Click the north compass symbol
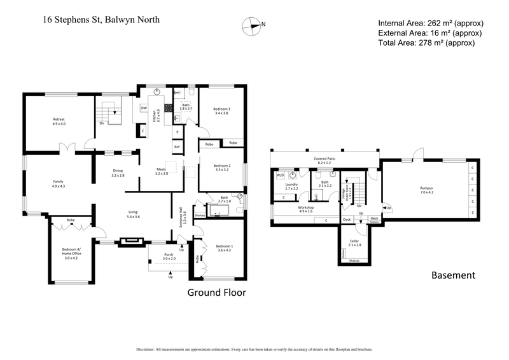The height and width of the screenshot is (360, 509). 253,26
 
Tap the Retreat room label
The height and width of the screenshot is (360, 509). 59,121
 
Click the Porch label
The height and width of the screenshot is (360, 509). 169,256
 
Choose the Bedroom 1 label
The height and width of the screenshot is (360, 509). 225,248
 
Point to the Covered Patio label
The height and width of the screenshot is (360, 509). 324,160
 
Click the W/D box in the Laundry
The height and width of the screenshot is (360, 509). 280,176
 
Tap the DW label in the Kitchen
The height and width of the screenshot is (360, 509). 144,108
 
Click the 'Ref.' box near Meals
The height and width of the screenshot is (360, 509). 177,147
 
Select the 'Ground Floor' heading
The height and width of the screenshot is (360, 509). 216,293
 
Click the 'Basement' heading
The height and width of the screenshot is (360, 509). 453,275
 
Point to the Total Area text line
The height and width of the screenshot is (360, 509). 426,43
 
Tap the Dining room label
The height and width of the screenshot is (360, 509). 118,172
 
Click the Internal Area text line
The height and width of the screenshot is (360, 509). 429,22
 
